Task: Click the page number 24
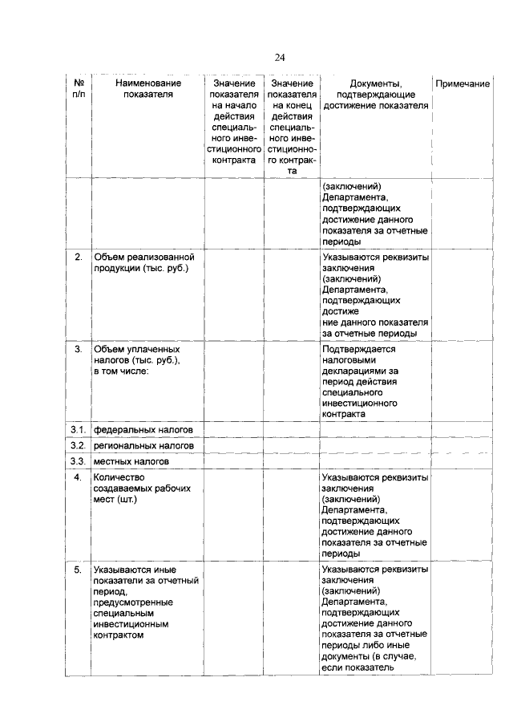(x=280, y=57)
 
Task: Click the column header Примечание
(x=462, y=83)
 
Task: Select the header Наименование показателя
(x=148, y=89)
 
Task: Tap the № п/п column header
(x=79, y=89)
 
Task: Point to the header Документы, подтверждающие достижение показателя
(x=375, y=95)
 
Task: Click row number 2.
(x=79, y=258)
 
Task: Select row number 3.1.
(x=78, y=430)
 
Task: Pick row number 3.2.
(x=78, y=446)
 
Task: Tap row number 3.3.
(x=78, y=462)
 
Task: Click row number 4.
(x=79, y=478)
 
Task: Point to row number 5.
(x=79, y=570)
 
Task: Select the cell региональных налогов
(x=145, y=446)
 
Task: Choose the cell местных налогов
(x=131, y=462)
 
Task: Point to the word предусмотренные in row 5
(x=131, y=602)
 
